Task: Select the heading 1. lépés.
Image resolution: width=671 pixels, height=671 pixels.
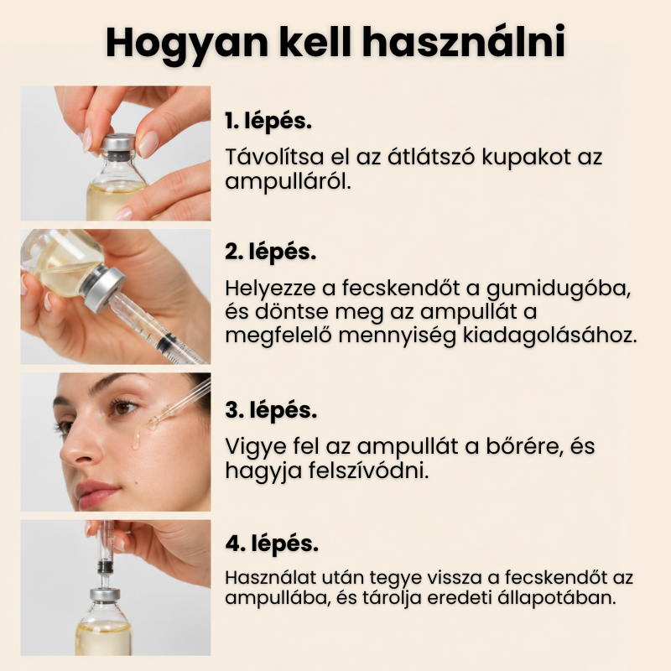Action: point(268,122)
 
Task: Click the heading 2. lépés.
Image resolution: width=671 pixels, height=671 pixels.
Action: point(270,252)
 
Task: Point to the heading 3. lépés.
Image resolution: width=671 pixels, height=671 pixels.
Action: point(271,411)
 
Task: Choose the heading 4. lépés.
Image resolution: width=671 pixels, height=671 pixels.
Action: point(272,544)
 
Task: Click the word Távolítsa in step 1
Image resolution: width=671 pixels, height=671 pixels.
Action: point(274,157)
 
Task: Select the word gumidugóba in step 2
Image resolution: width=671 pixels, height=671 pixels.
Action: point(559,289)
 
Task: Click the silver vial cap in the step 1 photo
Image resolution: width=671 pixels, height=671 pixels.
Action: point(118,143)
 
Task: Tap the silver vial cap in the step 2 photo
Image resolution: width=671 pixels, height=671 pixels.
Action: point(104,288)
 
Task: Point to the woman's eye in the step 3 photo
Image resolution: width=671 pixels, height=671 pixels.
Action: point(122,407)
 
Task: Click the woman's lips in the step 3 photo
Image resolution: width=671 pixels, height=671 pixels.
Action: point(96,493)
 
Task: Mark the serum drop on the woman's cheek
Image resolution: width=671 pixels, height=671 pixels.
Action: point(137,440)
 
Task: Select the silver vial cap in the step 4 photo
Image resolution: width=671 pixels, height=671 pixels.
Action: point(104,594)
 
